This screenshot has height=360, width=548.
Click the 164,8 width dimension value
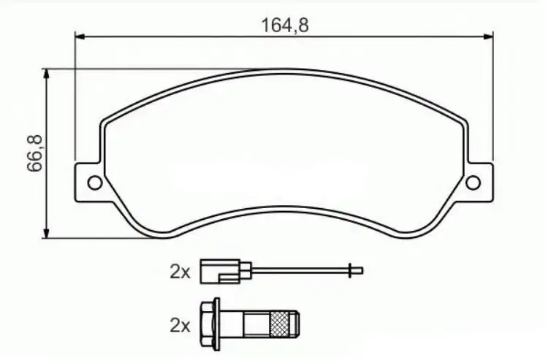coord(285,25)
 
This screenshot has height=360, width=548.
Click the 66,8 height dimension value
coord(35,153)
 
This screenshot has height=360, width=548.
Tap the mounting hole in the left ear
coord(95,183)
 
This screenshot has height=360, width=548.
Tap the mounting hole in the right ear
coord(473,183)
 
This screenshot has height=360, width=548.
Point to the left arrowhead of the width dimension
coord(80,37)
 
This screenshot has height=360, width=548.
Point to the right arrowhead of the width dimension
coord(488,37)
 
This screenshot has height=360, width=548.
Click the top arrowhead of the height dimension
coord(46,74)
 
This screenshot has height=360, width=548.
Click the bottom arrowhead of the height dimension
coord(46,233)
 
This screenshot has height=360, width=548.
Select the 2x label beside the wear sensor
coord(180,272)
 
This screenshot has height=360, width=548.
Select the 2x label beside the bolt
coord(180,326)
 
